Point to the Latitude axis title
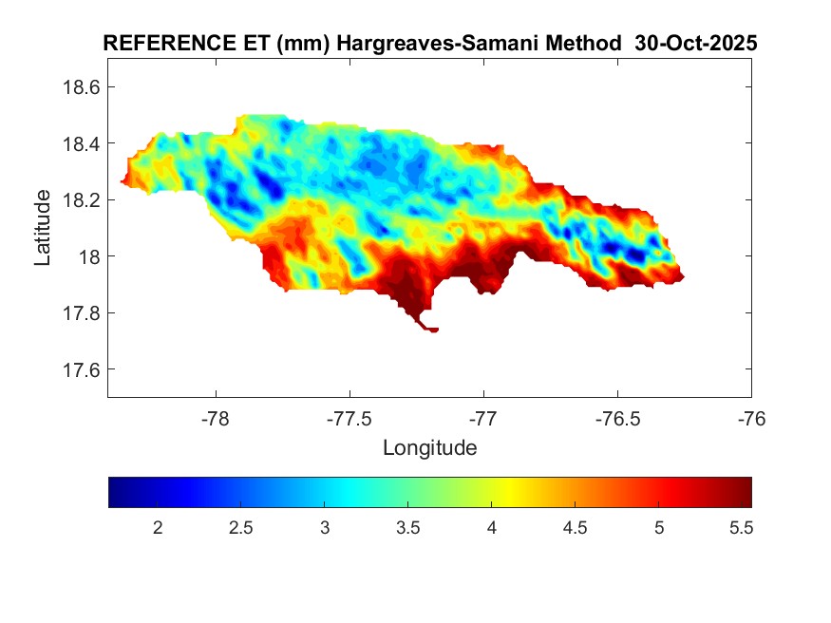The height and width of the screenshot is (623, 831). click(43, 227)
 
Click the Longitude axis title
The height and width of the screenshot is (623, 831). click(429, 447)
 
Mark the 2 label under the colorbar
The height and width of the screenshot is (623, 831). click(159, 527)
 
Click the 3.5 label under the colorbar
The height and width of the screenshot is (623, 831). click(408, 527)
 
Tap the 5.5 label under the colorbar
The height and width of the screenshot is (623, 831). click(742, 527)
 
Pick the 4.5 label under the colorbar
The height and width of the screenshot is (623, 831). click(576, 527)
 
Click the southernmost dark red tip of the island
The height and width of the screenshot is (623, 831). click(433, 330)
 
